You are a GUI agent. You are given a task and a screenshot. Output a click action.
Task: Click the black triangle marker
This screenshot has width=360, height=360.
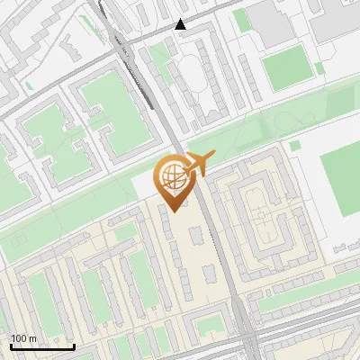(x=182, y=24)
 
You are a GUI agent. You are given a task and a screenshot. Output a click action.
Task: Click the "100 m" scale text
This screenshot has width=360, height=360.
(x=25, y=338)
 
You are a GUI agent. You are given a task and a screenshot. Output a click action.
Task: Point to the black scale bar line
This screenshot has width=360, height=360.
(x=42, y=346)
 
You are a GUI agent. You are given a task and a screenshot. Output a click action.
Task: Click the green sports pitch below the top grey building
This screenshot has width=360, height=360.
(x=286, y=67)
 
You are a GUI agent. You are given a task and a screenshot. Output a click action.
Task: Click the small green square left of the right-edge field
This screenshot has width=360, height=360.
(x=294, y=146)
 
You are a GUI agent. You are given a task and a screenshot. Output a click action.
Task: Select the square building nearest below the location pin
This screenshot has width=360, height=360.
(x=196, y=237)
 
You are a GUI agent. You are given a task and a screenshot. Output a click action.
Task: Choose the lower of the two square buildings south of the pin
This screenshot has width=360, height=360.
(x=210, y=272)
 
